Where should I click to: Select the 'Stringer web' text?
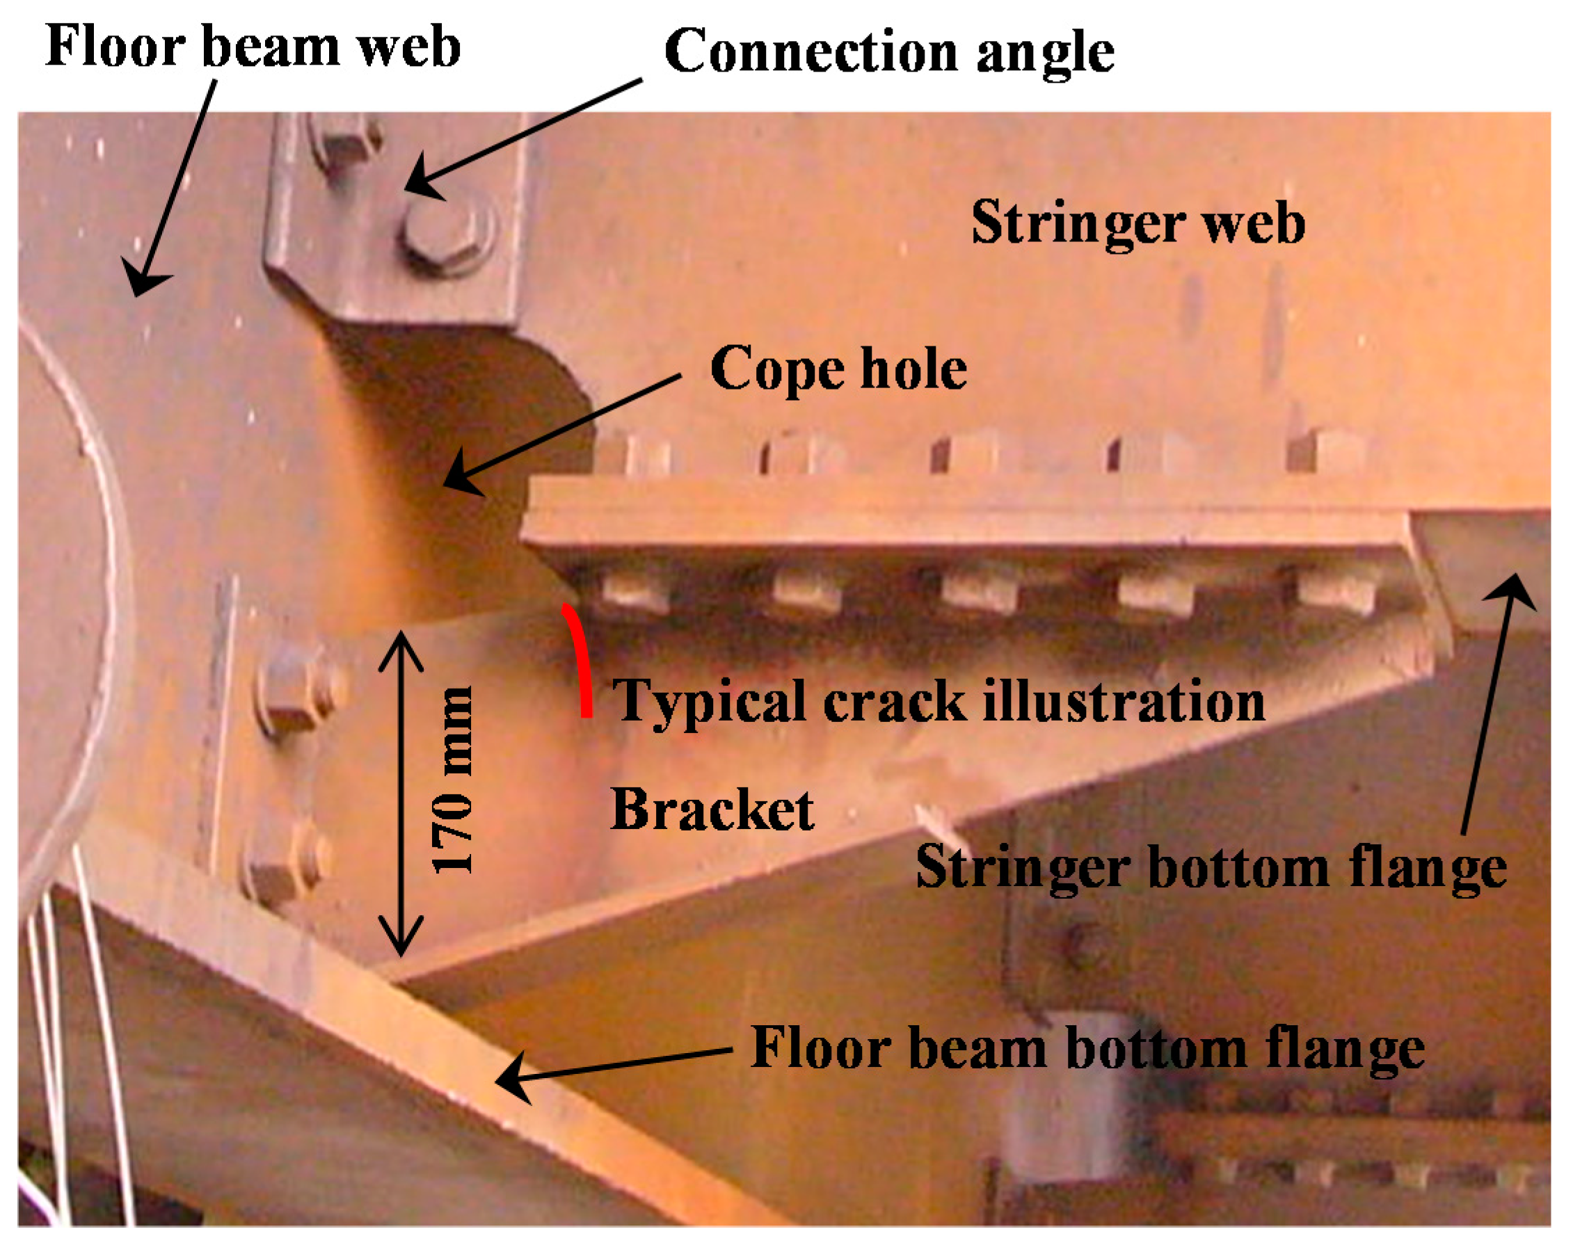pos(1137,223)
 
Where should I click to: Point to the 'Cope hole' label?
pos(838,369)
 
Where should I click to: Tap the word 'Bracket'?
pos(712,810)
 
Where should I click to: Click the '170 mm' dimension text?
pos(454,780)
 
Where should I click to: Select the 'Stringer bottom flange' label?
pos(1211,867)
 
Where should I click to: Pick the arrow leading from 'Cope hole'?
pos(561,430)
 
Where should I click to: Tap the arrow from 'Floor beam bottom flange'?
pos(612,1066)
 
